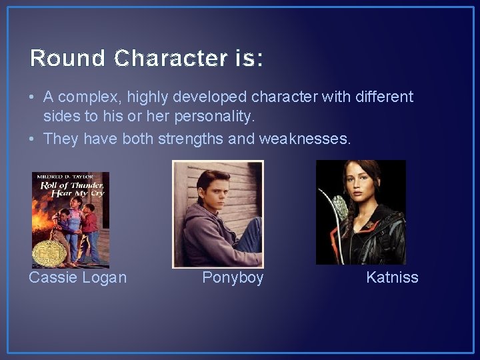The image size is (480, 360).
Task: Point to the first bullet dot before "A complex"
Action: pyautogui.click(x=33, y=97)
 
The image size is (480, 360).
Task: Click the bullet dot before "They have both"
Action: pyautogui.click(x=33, y=138)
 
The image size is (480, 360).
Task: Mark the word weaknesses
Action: pyautogui.click(x=314, y=138)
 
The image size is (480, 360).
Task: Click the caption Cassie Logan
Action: pyautogui.click(x=77, y=277)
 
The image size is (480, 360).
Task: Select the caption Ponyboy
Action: pyautogui.click(x=233, y=277)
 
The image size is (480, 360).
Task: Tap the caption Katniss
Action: pyautogui.click(x=392, y=277)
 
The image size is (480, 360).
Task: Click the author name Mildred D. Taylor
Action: pyautogui.click(x=69, y=177)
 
